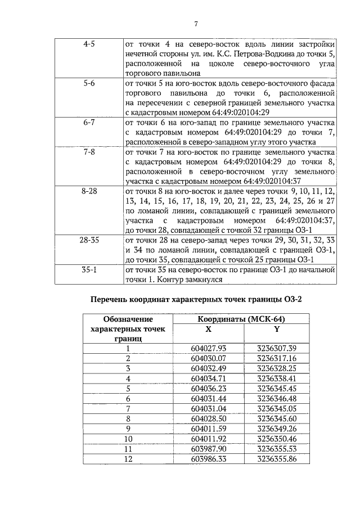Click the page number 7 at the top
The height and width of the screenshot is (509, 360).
point(196,23)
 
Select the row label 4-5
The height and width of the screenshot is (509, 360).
point(89,44)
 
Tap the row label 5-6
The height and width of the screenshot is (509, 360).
point(89,83)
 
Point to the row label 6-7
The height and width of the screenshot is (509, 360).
point(89,121)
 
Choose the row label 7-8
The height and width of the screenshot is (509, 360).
point(89,152)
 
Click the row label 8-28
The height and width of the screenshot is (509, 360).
point(89,191)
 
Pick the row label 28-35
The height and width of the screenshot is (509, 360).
point(89,240)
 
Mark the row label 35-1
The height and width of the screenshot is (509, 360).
point(89,269)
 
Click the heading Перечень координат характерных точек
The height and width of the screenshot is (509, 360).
point(196,299)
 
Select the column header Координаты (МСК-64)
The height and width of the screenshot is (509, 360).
point(245,319)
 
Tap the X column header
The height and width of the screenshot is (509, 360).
point(208,330)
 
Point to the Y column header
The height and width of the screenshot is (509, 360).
point(276,330)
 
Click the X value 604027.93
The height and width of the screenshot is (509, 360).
point(208,349)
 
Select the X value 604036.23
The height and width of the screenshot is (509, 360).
point(208,388)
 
